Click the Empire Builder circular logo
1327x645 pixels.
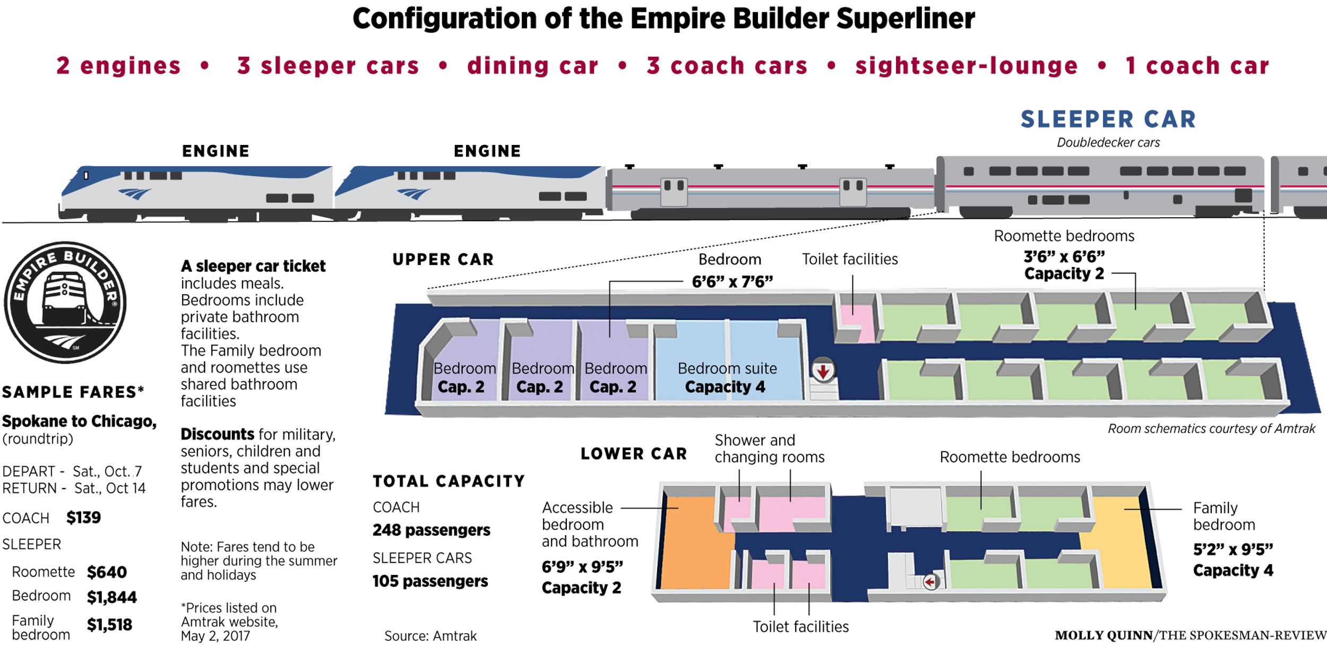(x=65, y=303)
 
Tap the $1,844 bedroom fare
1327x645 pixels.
(x=112, y=597)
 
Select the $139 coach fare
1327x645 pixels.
(x=83, y=517)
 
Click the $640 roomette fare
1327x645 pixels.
(x=107, y=572)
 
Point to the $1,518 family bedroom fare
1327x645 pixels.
(x=109, y=625)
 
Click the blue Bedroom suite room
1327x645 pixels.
(x=728, y=361)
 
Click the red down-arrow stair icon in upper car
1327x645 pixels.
(x=823, y=371)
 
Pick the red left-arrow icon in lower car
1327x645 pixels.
(x=930, y=582)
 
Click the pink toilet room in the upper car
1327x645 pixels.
(x=857, y=323)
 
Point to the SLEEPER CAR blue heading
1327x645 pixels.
(x=1108, y=119)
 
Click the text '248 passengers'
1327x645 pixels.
(x=432, y=530)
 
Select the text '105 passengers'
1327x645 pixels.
(x=430, y=581)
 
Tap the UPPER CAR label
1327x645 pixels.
(x=443, y=260)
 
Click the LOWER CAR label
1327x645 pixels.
(x=634, y=454)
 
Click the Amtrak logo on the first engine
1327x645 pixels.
(x=135, y=193)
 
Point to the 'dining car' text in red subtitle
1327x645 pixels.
(x=533, y=66)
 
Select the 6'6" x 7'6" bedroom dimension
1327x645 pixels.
(x=733, y=281)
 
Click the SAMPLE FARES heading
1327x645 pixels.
(x=73, y=392)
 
